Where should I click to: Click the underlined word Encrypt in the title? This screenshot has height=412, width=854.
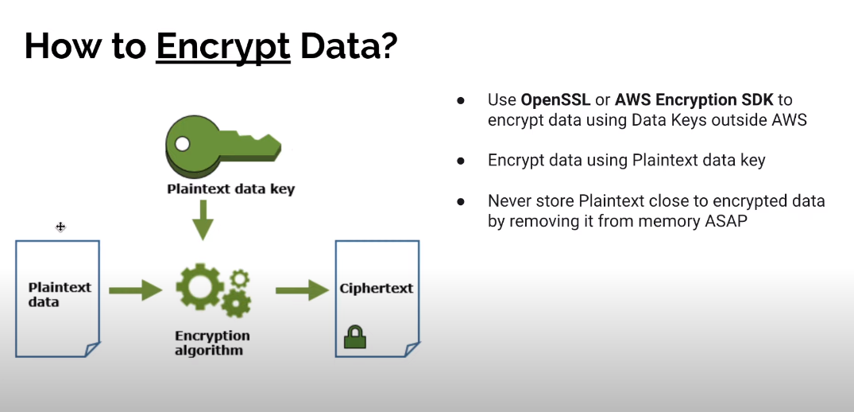(223, 47)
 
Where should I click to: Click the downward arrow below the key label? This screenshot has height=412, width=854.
(203, 220)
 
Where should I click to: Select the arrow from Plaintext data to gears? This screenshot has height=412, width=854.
(134, 290)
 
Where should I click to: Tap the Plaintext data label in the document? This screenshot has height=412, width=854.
(60, 294)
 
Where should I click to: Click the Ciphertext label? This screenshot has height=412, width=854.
(376, 288)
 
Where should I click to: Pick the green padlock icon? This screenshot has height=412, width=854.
(354, 337)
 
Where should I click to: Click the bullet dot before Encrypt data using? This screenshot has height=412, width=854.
(460, 161)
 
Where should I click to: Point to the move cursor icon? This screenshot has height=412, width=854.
(60, 227)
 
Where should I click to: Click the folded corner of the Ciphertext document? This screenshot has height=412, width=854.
(411, 350)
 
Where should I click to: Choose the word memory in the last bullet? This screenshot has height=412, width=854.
(655, 221)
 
